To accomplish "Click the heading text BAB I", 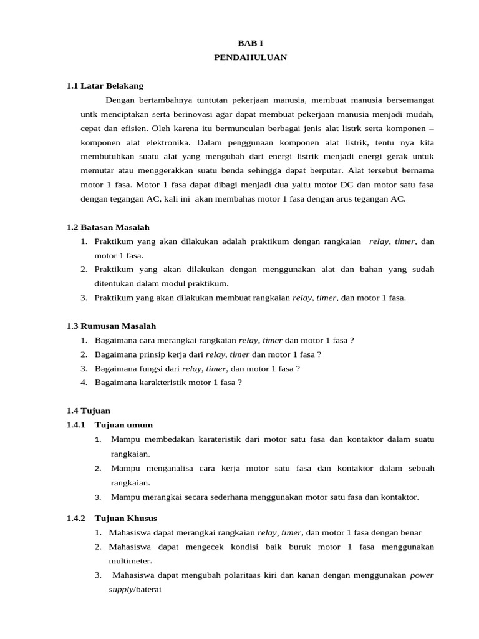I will tap(246, 43).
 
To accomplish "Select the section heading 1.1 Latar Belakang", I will tap(105, 85).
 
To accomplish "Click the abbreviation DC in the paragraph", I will tap(347, 185).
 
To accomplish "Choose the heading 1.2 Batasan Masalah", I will tap(108, 227).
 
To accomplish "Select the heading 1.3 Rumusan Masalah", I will tap(111, 326).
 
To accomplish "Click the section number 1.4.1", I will tap(76, 425).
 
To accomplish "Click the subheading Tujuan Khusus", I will tap(126, 518).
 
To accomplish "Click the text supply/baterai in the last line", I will tap(135, 589).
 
